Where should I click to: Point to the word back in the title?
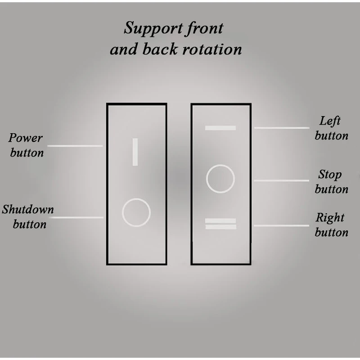coord(160,49)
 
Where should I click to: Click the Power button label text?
coord(27,145)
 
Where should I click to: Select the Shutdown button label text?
coord(28,216)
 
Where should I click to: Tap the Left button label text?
coord(331,128)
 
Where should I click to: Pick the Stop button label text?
coord(331,181)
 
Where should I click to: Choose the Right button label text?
coord(331,225)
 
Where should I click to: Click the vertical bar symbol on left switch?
coord(135,152)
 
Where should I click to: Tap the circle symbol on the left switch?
coord(136,212)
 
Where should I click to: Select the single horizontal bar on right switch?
coord(220,128)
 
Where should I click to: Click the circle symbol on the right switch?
coord(220,179)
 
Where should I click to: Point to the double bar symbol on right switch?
coord(220,224)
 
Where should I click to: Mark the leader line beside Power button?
coord(75,146)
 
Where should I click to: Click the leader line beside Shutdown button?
coord(76,217)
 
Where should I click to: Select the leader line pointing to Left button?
coord(281,128)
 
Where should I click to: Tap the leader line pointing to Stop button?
coord(281,180)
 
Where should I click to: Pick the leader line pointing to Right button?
coord(281,225)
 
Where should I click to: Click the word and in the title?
coord(124,49)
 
